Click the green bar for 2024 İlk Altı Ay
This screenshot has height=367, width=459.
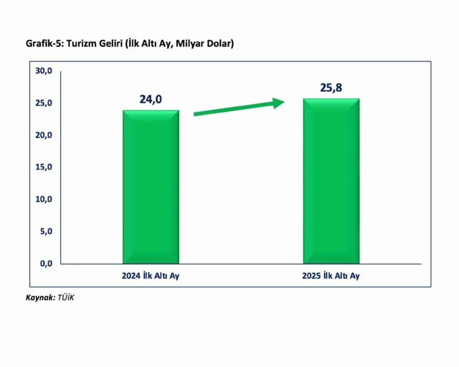coord(151,187)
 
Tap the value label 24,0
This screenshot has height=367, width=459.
coord(150,99)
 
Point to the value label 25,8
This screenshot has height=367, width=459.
coord(331,88)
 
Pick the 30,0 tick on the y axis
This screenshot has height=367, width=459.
coord(44,71)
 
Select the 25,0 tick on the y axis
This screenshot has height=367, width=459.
coord(44,103)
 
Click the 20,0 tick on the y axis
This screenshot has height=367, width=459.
coord(44,135)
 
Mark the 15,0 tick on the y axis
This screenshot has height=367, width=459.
coord(44,167)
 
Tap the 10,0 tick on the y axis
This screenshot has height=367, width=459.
coord(44,199)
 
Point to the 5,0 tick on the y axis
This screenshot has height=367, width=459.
coord(46,232)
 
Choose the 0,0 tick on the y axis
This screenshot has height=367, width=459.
coord(46,263)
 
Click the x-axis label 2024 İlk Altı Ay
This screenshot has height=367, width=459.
coord(150,276)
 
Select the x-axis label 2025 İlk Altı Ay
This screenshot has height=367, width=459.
coord(331,276)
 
